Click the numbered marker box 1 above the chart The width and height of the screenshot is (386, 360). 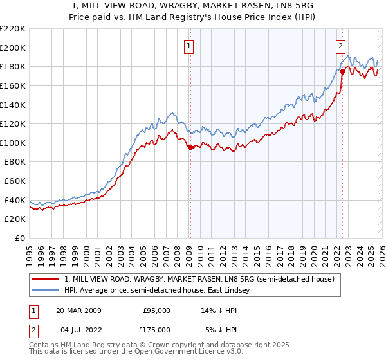(189, 46)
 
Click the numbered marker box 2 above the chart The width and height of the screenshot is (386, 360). (340, 46)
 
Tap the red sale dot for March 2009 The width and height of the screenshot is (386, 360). (190, 148)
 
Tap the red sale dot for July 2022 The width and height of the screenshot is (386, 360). (342, 71)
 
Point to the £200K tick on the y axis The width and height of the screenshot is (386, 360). (13, 48)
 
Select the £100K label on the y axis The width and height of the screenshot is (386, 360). (13, 143)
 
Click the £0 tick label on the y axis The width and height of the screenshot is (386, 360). (21, 238)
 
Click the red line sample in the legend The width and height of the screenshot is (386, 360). (45, 280)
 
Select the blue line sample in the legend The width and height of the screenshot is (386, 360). (45, 291)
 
